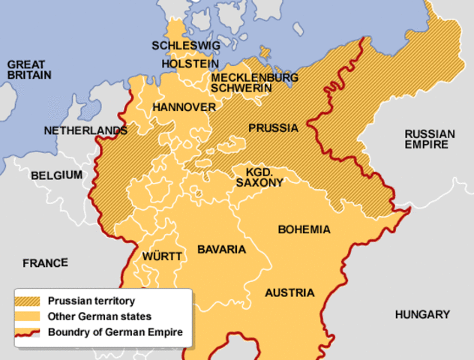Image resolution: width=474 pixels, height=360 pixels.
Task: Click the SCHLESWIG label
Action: [x=186, y=46]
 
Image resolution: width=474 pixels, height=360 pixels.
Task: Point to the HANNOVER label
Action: [x=184, y=107]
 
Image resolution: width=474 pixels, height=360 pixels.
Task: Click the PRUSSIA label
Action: [x=273, y=127]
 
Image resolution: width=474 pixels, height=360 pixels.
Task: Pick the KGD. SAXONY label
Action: [x=259, y=177]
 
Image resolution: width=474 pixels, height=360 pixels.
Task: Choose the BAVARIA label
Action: [x=221, y=248]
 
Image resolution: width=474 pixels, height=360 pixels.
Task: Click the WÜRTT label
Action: [x=162, y=256]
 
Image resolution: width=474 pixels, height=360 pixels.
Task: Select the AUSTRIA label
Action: [x=289, y=292]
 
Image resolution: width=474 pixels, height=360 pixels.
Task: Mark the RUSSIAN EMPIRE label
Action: [x=429, y=139]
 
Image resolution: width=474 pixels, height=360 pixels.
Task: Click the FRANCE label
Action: [x=45, y=263]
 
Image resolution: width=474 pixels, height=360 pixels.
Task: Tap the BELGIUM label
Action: [x=56, y=175]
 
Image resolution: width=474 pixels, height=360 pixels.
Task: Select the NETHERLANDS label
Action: [x=85, y=130]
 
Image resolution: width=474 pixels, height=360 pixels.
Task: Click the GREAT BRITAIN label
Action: [x=29, y=70]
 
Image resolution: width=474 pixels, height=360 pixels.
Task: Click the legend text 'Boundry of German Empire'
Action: [x=114, y=331]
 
